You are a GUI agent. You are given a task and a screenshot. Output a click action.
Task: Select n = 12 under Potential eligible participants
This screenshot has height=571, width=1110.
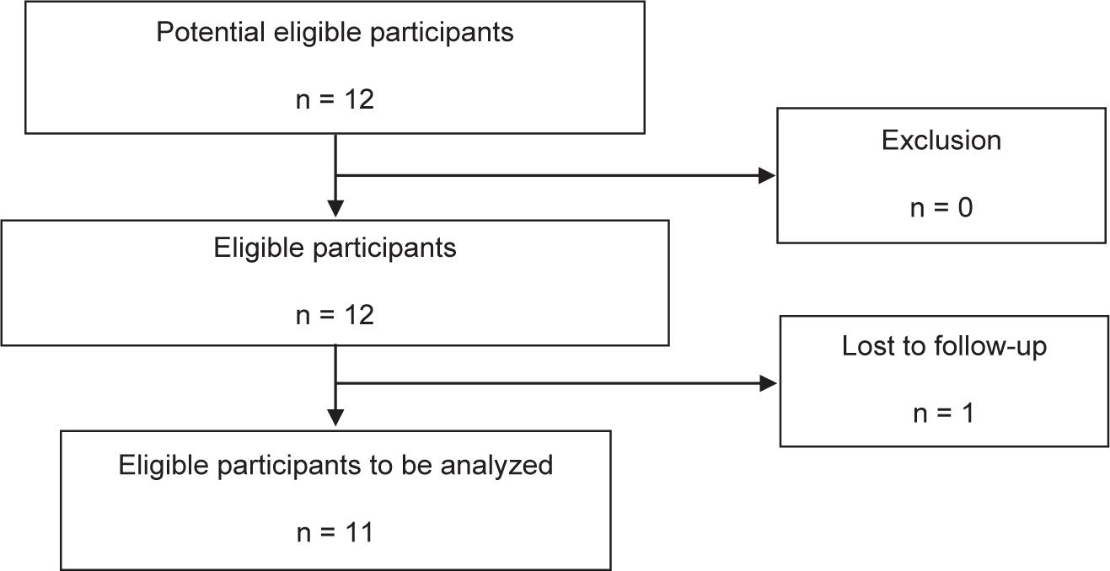tap(335, 99)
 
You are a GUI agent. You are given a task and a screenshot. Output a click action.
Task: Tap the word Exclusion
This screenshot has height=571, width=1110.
tap(941, 140)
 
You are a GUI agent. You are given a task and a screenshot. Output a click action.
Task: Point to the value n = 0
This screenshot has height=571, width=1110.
tap(941, 206)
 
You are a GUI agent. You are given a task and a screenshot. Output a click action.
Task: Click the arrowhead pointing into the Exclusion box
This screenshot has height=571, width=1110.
tap(767, 175)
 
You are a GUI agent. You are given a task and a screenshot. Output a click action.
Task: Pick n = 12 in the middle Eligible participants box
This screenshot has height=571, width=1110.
tap(335, 315)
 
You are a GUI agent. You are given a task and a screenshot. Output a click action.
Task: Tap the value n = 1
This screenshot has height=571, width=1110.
tap(943, 414)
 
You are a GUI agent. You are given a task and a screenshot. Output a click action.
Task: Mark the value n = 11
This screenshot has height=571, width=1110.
tap(335, 532)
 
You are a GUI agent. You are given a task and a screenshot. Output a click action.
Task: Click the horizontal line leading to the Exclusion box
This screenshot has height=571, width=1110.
tap(548, 175)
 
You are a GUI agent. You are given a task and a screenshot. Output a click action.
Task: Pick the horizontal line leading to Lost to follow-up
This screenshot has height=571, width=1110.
tap(548, 384)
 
